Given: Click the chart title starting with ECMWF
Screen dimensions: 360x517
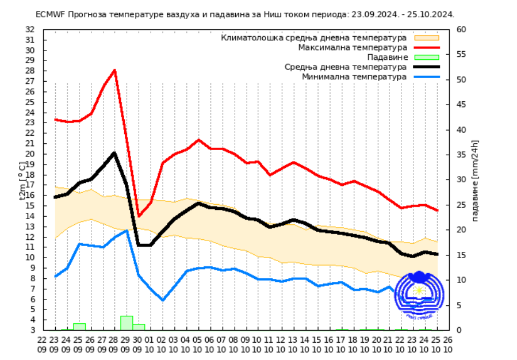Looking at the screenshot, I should pyautogui.click(x=244, y=14).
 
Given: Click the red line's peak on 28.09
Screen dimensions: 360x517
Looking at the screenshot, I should pyautogui.click(x=115, y=70).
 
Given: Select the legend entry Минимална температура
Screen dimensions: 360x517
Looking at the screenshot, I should pyautogui.click(x=355, y=76).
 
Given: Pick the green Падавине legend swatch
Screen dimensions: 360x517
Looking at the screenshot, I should pyautogui.click(x=426, y=57).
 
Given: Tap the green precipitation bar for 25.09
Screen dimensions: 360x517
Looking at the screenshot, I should pyautogui.click(x=79, y=327).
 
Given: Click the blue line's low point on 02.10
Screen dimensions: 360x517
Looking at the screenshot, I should pyautogui.click(x=163, y=300).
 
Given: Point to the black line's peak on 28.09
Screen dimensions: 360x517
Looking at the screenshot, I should pyautogui.click(x=114, y=153).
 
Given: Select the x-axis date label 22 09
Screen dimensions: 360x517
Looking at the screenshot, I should pyautogui.click(x=42, y=344).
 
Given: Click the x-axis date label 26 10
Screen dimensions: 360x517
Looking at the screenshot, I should pyautogui.click(x=448, y=344).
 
